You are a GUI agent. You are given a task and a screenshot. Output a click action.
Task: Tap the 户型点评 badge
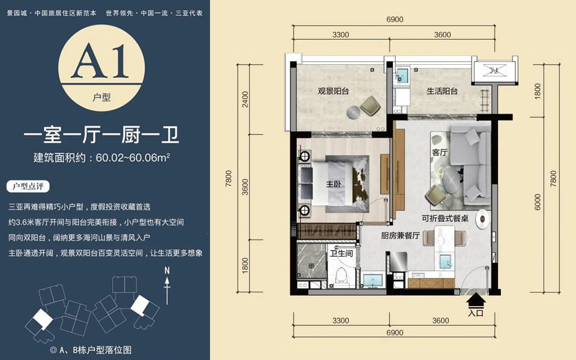point(28,187)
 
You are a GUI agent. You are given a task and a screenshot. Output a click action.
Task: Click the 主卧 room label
point(333,184)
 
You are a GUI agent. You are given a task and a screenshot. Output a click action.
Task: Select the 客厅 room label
point(440,152)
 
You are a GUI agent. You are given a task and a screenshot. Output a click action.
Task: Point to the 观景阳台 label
point(333,91)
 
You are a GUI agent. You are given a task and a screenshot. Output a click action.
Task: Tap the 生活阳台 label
point(442,91)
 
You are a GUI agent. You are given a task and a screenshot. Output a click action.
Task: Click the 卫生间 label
point(341,253)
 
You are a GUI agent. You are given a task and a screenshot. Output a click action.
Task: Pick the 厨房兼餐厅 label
point(400,235)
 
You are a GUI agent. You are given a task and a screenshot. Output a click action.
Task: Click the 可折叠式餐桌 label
point(445,218)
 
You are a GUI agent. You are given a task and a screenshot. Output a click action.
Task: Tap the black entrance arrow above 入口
point(476,300)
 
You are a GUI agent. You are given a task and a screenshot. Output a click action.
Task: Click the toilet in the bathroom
point(341,276)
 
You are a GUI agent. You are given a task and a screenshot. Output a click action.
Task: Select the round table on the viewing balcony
point(354,112)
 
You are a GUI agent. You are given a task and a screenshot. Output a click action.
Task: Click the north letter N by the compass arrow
point(167,271)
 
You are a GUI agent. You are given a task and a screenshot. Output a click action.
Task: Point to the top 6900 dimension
point(395,19)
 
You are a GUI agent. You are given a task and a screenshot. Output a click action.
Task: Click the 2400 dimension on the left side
point(245,99)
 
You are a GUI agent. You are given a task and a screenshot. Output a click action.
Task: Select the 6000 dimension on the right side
point(538,202)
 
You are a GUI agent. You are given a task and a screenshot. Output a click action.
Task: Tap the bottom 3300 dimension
point(341,320)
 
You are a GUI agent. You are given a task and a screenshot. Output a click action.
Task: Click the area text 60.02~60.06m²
point(133,158)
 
